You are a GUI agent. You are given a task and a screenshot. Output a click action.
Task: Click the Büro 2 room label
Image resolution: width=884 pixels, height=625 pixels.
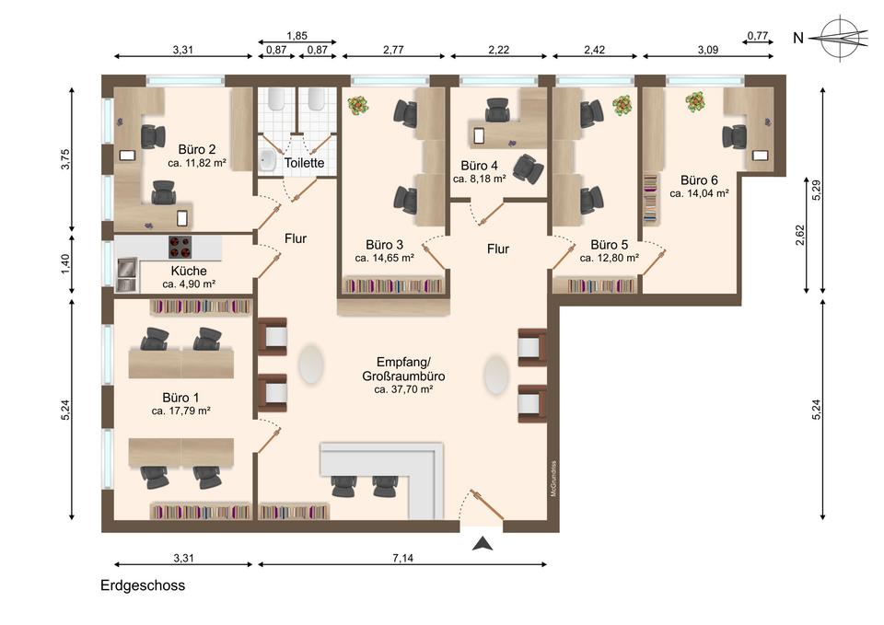coord(197,149)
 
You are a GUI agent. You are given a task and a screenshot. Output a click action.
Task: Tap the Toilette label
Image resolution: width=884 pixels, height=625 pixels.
coord(305,163)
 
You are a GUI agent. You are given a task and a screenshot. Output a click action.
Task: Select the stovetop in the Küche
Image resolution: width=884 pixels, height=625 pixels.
coord(180,247)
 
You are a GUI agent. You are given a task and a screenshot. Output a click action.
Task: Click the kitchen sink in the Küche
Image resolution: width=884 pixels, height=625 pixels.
coord(127,275)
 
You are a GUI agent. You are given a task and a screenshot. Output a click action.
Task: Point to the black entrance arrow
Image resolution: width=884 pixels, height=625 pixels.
coord(483,544)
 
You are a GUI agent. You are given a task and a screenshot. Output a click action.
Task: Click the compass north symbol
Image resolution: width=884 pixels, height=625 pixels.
coord(840,39)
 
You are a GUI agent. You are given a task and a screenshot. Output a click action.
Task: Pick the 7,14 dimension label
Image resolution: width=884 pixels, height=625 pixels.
coord(402,558)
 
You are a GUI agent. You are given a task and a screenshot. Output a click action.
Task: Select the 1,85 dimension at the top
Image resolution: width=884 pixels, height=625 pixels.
coord(297,36)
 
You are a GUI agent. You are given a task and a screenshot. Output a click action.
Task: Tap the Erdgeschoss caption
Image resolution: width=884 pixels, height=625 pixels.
coord(143,585)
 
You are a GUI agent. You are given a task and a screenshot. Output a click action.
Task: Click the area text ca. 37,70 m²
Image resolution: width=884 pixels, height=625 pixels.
coord(403,389)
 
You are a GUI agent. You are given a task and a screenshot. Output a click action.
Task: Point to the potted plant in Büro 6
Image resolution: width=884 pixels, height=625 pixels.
coord(697,101)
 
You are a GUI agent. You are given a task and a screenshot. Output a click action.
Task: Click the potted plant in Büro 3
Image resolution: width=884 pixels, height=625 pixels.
coord(357,105)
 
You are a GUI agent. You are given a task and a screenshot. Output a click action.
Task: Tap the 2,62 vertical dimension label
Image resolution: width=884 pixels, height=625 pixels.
coord(800,235)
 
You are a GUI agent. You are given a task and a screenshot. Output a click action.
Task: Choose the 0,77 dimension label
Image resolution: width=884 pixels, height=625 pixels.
coord(758,36)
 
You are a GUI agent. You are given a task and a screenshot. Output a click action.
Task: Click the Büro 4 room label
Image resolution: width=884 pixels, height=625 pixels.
coord(479,166)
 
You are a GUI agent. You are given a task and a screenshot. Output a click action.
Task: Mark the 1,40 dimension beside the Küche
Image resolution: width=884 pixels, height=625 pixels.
coord(65,264)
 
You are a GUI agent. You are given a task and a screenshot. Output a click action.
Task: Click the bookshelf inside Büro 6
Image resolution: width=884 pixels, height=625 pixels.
coord(651,198)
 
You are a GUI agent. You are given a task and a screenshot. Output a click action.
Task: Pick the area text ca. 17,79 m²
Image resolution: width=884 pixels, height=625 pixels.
coord(181,411)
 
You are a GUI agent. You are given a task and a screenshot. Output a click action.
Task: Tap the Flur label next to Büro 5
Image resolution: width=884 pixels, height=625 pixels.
coord(498,249)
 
